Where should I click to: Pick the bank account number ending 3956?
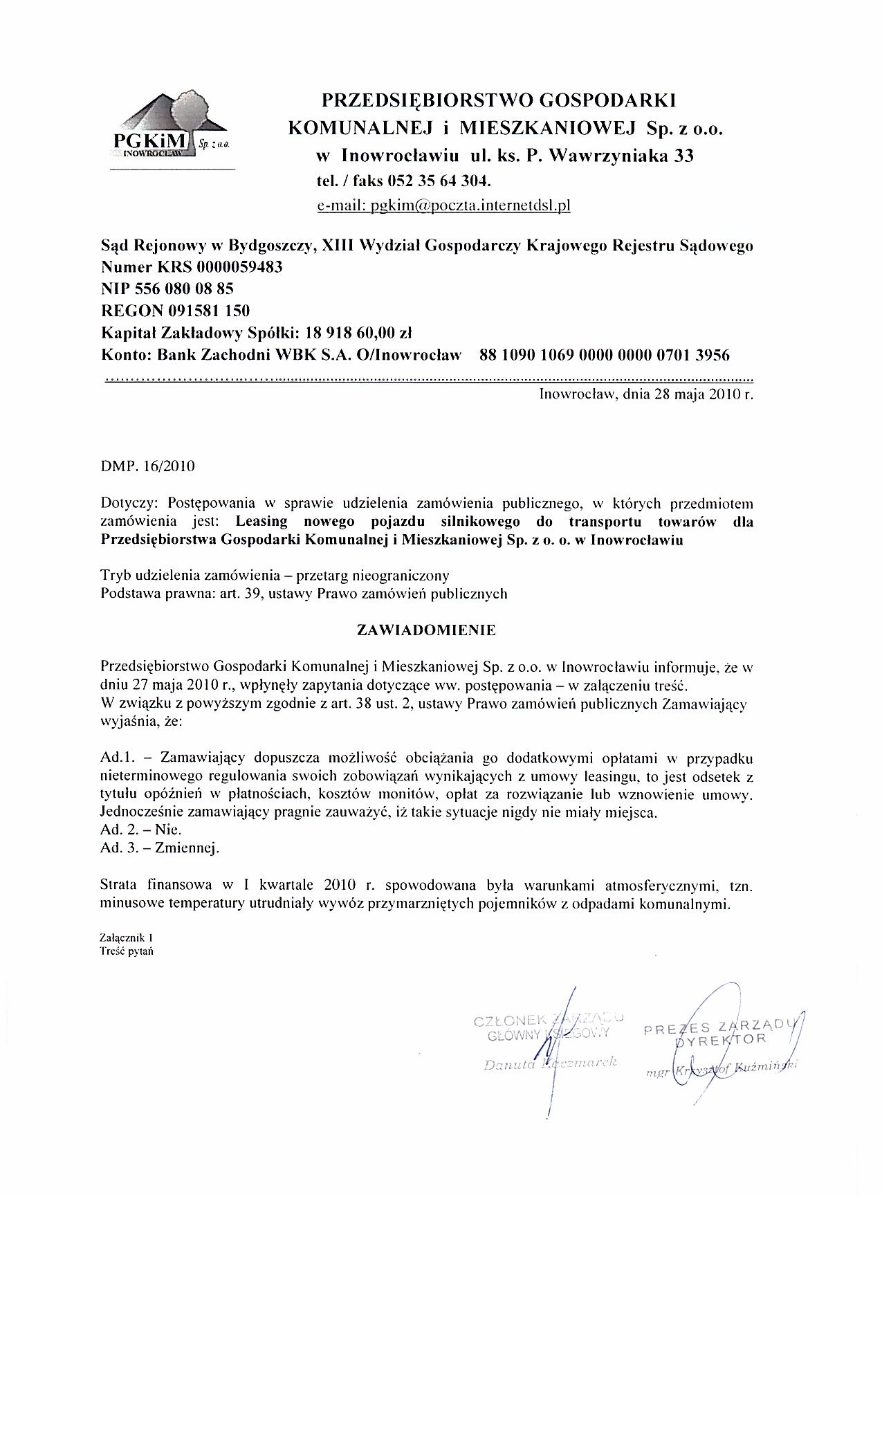[604, 355]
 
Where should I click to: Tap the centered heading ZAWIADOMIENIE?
[425, 630]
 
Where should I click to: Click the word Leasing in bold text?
[259, 522]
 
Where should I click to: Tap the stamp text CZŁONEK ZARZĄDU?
[548, 1018]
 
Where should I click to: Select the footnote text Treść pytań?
[127, 950]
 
